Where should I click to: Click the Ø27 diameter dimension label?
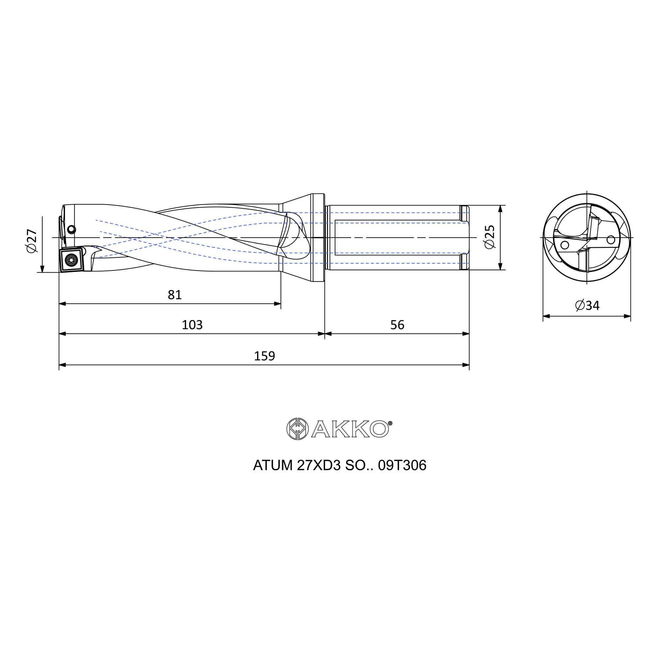[x=32, y=241]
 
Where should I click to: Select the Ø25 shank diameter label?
[x=489, y=237]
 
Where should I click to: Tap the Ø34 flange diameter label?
[x=587, y=305]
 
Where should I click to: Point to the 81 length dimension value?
[x=175, y=294]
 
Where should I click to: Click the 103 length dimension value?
[x=192, y=324]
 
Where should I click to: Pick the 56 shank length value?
[x=397, y=324]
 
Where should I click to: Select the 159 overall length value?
[x=264, y=356]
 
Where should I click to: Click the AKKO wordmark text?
[x=350, y=429]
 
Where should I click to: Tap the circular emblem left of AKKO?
[x=297, y=429]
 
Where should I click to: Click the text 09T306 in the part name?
[x=402, y=465]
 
